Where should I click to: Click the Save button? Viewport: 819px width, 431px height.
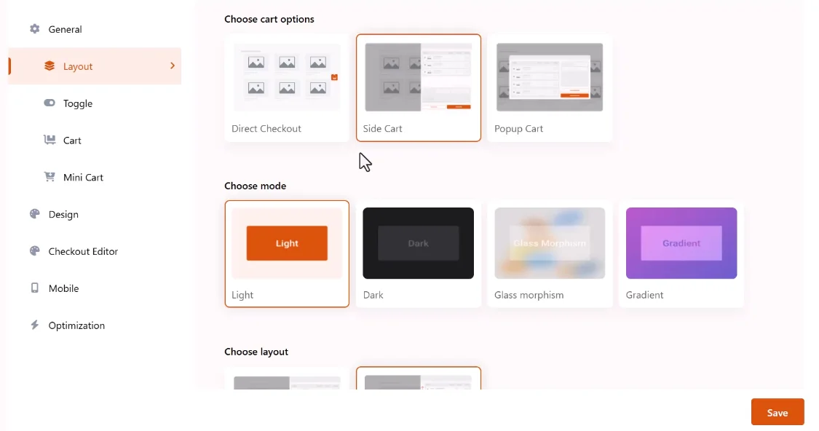[778, 412]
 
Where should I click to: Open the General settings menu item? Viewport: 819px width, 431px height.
[65, 29]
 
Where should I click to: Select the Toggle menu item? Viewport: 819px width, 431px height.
[78, 103]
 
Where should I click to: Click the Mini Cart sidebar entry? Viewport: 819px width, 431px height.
[83, 178]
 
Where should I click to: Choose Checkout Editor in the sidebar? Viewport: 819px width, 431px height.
[83, 251]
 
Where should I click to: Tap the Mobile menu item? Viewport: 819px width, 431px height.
[64, 288]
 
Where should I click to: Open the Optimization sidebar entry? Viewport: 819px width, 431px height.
[76, 325]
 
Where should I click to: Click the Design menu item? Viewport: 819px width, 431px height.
[63, 214]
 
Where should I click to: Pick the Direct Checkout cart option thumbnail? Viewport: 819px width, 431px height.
[287, 77]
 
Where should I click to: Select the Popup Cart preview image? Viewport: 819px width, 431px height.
[550, 77]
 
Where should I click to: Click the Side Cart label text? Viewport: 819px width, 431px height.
[382, 129]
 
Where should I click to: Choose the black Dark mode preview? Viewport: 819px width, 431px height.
[419, 243]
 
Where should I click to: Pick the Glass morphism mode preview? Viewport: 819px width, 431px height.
[550, 243]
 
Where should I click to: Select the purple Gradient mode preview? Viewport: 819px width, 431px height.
[681, 243]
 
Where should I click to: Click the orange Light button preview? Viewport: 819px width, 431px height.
[287, 243]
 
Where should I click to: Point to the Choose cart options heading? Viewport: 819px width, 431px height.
[269, 20]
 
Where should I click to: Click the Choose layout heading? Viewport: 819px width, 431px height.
[256, 352]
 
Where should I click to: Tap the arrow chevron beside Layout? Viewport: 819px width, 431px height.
[173, 66]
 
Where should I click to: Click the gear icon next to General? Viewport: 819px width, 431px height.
[34, 28]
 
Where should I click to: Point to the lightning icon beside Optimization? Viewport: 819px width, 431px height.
[34, 325]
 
